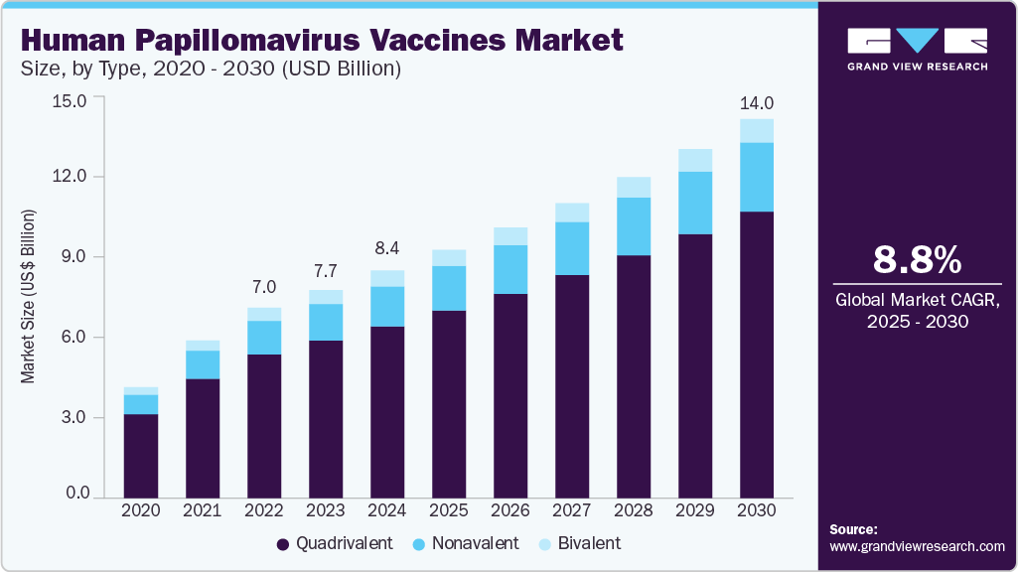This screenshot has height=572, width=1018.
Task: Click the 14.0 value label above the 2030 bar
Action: coord(757,103)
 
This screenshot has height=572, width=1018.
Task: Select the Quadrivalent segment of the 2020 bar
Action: coord(141,455)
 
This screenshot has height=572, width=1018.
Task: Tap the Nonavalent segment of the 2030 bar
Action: coord(757,177)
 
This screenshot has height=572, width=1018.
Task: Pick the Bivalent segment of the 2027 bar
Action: coord(572,213)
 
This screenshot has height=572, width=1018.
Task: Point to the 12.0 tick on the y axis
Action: coord(73,177)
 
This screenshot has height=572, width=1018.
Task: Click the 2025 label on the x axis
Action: coord(449,509)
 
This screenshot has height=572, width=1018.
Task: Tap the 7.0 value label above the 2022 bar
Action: coord(264,287)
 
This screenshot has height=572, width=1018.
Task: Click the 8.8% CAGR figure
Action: coord(917,260)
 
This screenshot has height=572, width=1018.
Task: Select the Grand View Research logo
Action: coord(917,50)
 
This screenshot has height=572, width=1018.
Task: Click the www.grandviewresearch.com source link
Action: coord(917,546)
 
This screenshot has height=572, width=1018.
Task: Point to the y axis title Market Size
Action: coord(29,298)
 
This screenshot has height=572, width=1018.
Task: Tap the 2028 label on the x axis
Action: coord(634,509)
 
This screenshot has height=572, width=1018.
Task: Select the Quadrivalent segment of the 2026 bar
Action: coord(510,395)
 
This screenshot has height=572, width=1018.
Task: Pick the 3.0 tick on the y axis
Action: coord(73,418)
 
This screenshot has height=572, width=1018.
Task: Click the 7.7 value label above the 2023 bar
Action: coord(326,270)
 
